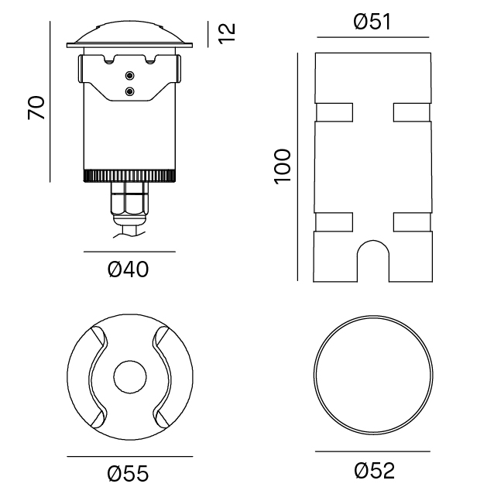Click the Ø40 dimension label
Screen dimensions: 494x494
[x=128, y=269]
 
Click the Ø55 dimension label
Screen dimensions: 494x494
[x=128, y=472]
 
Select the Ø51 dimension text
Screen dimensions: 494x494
[x=372, y=22]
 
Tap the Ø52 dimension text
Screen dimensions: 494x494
[x=374, y=469]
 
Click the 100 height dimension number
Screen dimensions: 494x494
[x=282, y=165]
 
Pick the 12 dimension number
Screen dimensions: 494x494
[x=227, y=33]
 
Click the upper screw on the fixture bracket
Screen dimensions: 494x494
[x=129, y=76]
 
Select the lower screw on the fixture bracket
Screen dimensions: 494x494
[x=129, y=91]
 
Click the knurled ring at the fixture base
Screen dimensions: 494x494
[x=129, y=176]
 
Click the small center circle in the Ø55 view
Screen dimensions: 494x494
[x=129, y=377]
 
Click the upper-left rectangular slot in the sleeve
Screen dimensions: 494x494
[x=333, y=113]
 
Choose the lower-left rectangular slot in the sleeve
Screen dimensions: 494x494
[x=333, y=222]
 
